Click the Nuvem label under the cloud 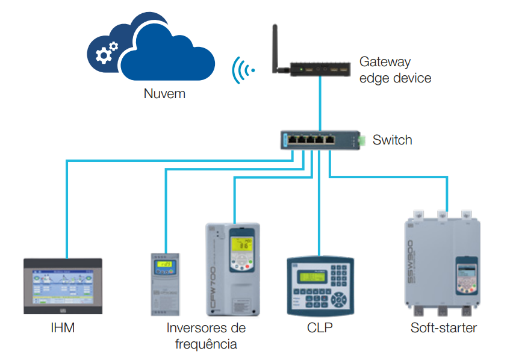[x=164, y=94]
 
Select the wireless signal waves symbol [x=243, y=70]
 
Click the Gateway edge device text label [x=394, y=70]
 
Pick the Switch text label [x=392, y=140]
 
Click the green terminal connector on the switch [x=361, y=141]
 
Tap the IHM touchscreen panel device [x=63, y=287]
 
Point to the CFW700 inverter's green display [x=243, y=245]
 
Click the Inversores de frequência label [x=206, y=336]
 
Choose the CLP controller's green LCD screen [x=313, y=278]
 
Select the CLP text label [x=319, y=328]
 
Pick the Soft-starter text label [x=443, y=328]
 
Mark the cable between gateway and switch [x=320, y=102]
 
